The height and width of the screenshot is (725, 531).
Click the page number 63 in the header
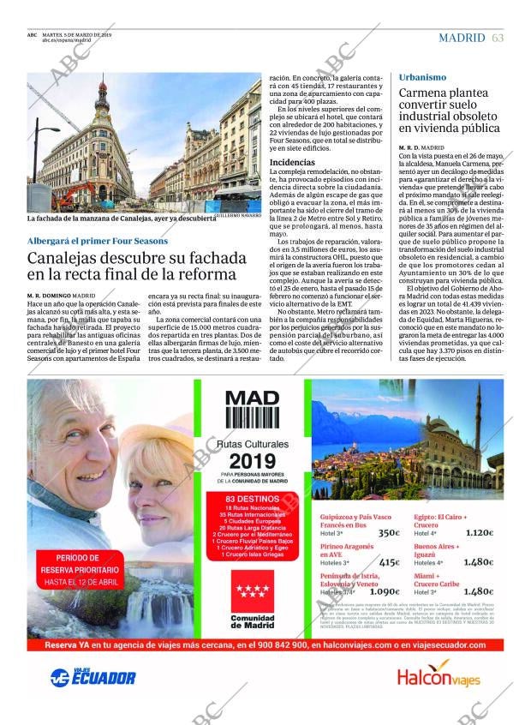click(498, 38)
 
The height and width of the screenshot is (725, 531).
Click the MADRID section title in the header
click(462, 38)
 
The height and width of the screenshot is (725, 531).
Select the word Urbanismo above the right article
click(422, 77)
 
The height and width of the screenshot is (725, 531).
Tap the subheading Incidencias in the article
click(292, 162)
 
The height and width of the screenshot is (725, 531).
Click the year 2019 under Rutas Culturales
click(252, 460)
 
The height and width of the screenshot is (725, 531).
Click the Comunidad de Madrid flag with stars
click(252, 590)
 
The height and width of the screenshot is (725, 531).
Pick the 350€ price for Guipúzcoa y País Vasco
click(389, 533)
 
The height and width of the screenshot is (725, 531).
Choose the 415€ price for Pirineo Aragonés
click(389, 562)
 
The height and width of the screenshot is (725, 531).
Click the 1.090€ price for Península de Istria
click(385, 591)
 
